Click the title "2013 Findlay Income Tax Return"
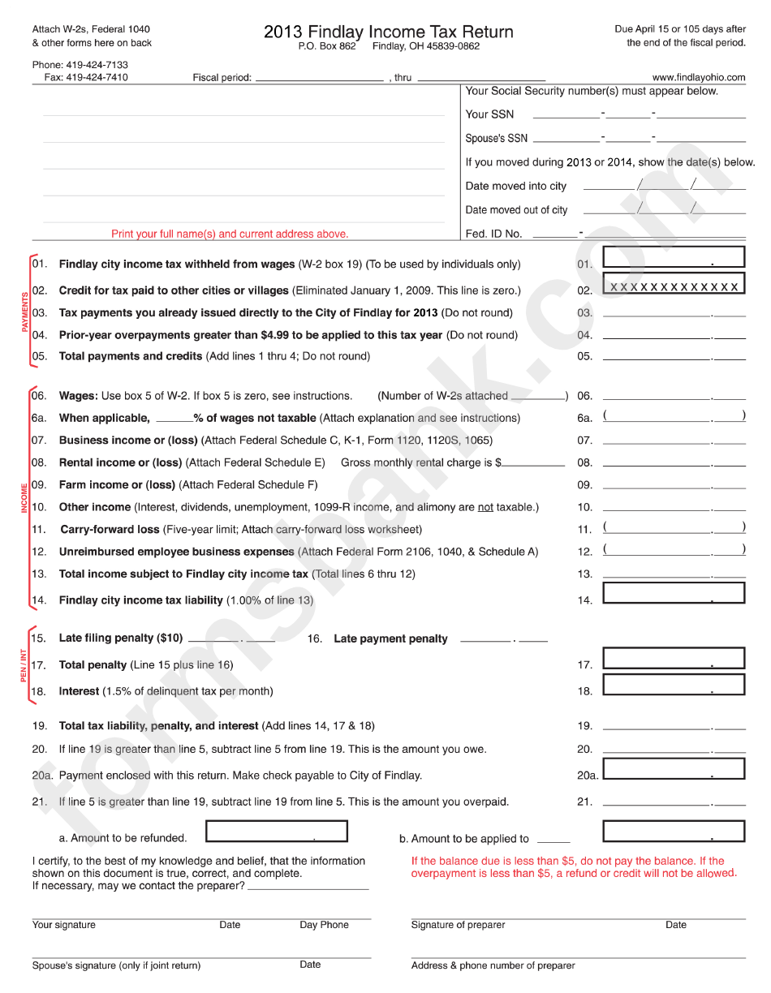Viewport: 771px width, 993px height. click(x=388, y=32)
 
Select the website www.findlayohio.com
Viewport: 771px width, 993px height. click(x=698, y=78)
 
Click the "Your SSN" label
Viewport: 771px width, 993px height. click(x=489, y=114)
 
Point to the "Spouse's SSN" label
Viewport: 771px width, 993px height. click(x=496, y=139)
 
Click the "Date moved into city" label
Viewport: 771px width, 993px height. click(x=516, y=186)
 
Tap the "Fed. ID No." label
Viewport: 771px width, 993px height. click(x=493, y=234)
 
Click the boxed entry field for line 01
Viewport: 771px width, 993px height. click(x=673, y=257)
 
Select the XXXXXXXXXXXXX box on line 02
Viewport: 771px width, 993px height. click(x=673, y=286)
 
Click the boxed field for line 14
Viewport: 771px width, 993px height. click(x=673, y=593)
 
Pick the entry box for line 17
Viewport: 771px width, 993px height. click(x=673, y=658)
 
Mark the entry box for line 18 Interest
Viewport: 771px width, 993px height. click(x=673, y=685)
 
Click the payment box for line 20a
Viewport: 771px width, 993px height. click(x=673, y=768)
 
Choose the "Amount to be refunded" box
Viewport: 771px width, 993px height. click(x=276, y=832)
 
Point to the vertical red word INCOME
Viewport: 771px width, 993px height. click(x=24, y=497)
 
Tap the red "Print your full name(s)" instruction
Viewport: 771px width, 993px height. click(x=230, y=234)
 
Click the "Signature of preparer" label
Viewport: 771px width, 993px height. click(x=458, y=925)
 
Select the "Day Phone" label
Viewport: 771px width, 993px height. click(x=324, y=925)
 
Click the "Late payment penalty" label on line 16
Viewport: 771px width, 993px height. click(x=390, y=638)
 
